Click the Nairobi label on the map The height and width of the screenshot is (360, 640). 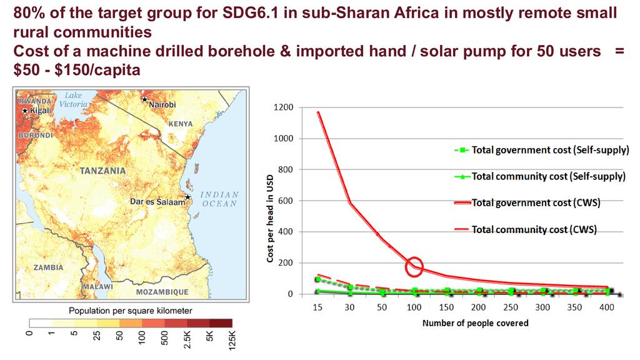(162, 104)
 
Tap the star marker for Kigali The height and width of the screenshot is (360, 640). (25, 111)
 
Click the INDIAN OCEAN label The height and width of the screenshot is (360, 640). (219, 199)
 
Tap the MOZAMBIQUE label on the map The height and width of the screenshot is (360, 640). (162, 292)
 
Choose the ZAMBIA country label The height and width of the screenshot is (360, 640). (48, 267)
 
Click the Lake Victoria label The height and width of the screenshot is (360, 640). (72, 100)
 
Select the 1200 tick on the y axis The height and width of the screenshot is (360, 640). (282, 107)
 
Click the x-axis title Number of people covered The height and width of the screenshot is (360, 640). (475, 323)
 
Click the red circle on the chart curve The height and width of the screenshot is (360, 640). (414, 266)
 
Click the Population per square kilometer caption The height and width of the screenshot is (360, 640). (130, 310)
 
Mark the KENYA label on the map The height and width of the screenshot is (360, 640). (181, 124)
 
